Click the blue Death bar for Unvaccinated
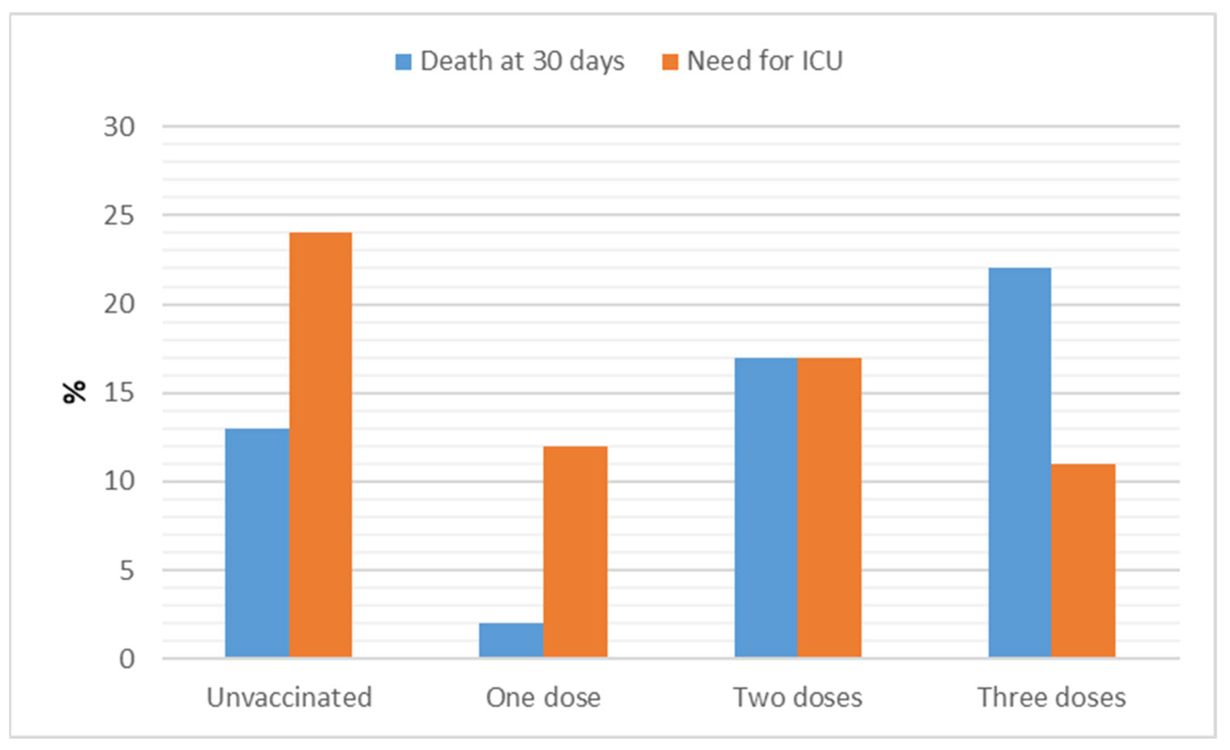click(x=257, y=543)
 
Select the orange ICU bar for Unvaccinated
click(x=320, y=445)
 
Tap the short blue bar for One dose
click(x=511, y=640)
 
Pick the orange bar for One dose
click(x=575, y=551)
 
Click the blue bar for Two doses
click(x=766, y=507)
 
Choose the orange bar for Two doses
click(x=829, y=507)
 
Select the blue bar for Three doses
click(x=1020, y=463)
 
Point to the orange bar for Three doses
click(x=1083, y=560)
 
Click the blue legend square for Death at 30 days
click(x=403, y=62)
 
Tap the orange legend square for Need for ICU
click(x=670, y=62)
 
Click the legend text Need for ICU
click(x=765, y=61)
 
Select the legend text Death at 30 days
click(x=522, y=61)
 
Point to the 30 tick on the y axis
click(x=119, y=127)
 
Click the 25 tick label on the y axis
click(x=119, y=216)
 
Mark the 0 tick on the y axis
click(x=127, y=659)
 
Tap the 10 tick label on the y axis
click(x=119, y=481)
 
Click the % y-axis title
click(x=74, y=392)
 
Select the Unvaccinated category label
click(x=290, y=697)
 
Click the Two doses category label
click(x=798, y=697)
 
